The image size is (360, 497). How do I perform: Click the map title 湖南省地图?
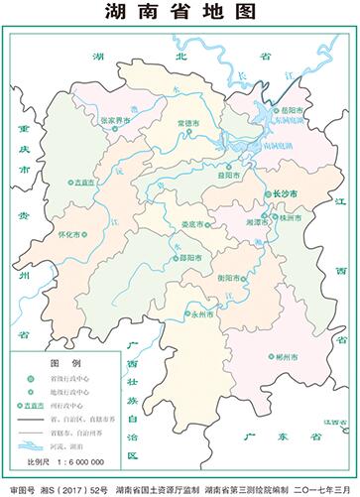point(180,13)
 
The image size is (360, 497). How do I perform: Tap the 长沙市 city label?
point(285,193)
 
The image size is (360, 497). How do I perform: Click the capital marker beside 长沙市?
point(266,193)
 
